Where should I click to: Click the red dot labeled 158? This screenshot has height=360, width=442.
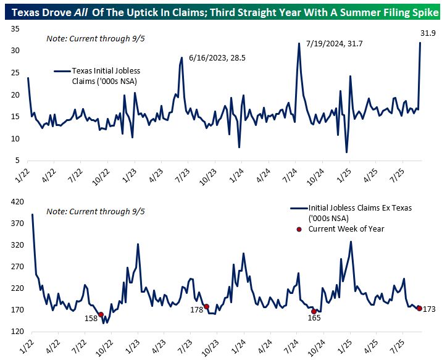[101, 314]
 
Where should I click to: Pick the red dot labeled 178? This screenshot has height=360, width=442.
[207, 306]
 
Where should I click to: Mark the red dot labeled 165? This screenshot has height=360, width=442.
[314, 311]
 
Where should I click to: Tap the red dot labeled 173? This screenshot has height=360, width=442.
[419, 308]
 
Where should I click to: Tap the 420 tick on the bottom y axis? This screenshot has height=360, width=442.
[13, 201]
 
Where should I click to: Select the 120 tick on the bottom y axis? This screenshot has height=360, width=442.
[13, 332]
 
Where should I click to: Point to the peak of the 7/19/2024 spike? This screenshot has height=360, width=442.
[299, 43]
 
